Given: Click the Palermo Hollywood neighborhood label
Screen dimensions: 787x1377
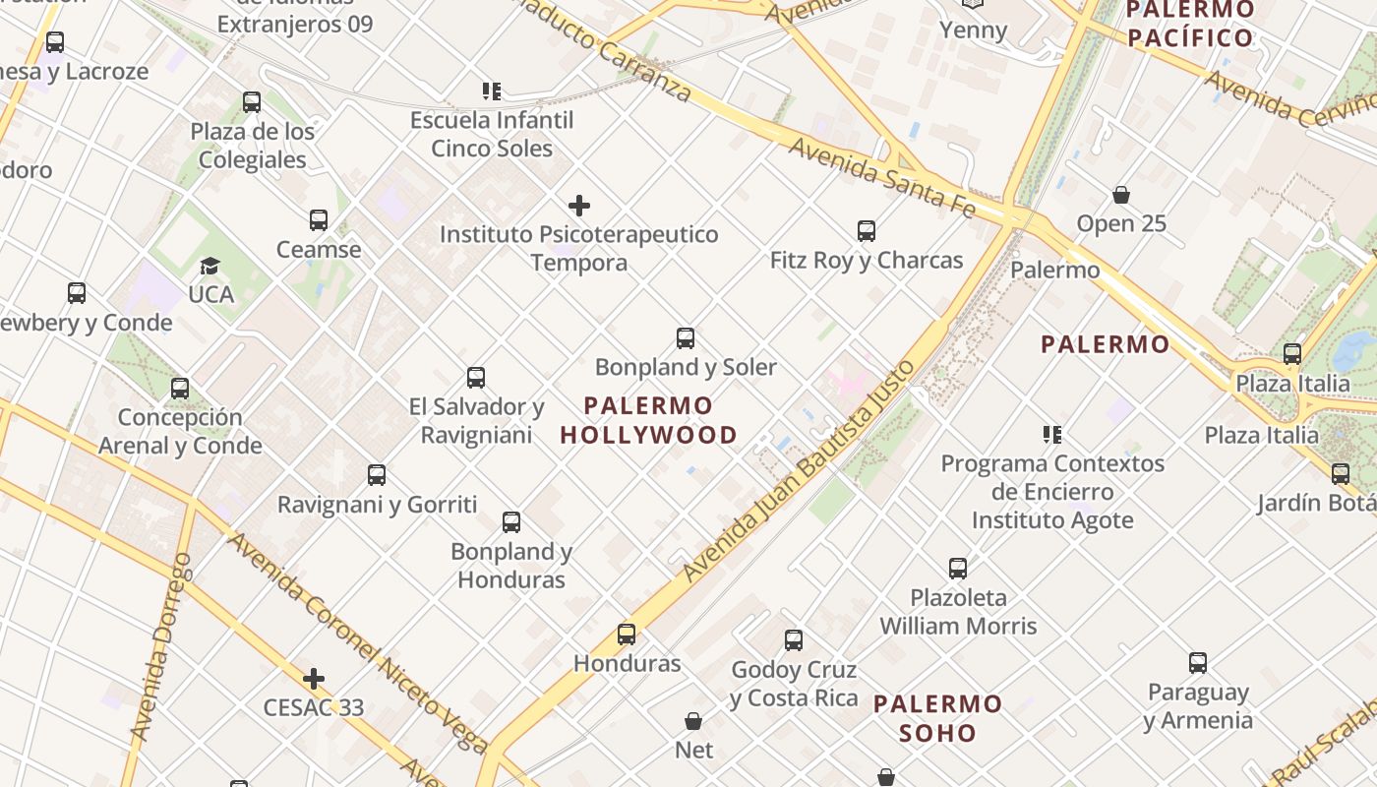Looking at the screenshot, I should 648,420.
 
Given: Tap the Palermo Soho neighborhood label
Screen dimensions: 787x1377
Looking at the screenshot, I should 937,718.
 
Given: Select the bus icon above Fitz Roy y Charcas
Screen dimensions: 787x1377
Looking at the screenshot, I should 866,231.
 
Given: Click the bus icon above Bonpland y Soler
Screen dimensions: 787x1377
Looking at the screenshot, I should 686,338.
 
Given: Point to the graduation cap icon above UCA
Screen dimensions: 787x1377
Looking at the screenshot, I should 210,266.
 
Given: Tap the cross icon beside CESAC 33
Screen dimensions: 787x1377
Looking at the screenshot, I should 314,679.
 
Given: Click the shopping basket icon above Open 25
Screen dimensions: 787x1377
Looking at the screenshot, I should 1120,195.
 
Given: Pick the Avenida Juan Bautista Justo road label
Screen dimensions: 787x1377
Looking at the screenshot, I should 799,471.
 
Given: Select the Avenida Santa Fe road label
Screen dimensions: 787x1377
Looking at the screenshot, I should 881,178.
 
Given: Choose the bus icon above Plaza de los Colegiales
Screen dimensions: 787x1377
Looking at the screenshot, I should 251,102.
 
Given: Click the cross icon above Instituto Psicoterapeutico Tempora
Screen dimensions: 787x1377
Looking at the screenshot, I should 579,206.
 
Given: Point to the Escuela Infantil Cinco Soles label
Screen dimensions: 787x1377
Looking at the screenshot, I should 492,134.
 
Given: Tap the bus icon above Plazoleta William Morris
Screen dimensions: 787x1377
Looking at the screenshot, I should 958,569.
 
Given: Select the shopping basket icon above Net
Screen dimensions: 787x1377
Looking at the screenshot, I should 693,721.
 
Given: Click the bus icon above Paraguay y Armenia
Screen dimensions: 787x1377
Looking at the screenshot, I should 1197,663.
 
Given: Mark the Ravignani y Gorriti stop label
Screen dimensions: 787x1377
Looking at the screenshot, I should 377,505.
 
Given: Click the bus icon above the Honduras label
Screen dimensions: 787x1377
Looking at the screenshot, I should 627,635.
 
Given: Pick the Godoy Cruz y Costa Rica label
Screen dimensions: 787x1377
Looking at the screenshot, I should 794,684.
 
